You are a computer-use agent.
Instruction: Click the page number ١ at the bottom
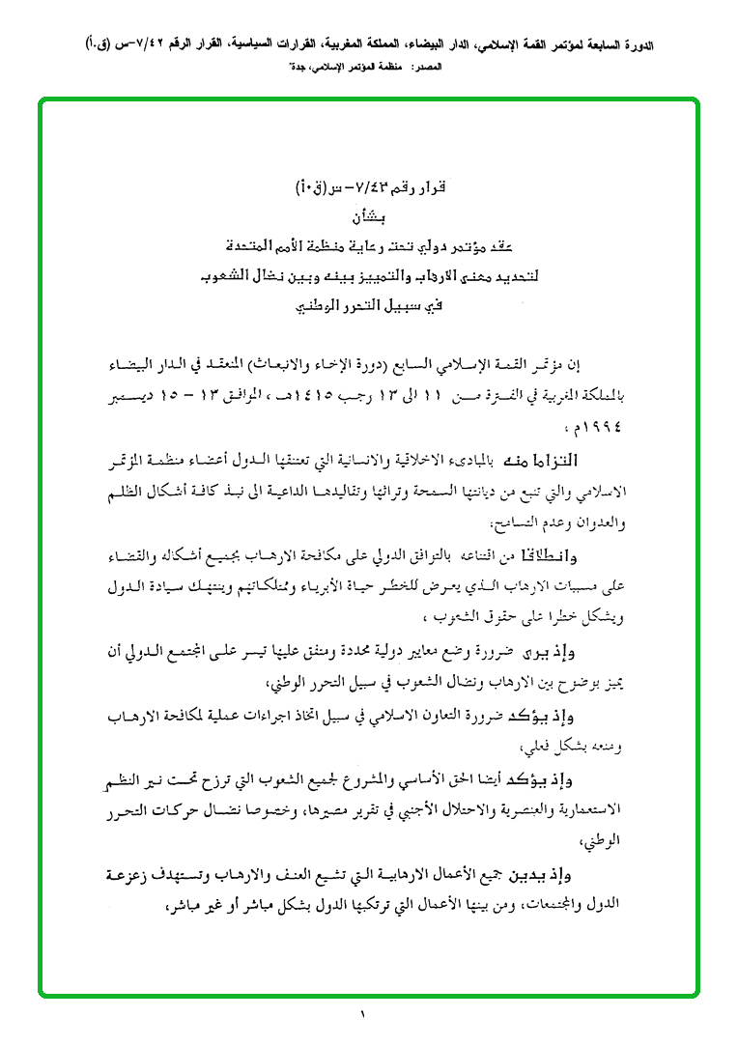364,1015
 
